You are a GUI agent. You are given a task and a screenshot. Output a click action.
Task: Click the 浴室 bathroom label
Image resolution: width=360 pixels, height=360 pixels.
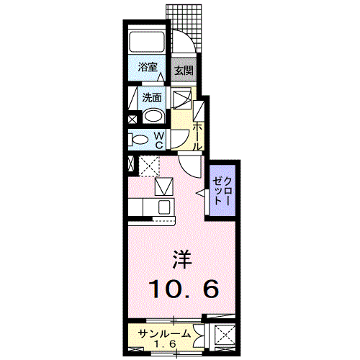(x=148, y=68)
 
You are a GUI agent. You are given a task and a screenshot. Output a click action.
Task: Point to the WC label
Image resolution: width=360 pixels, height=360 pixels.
(x=160, y=140)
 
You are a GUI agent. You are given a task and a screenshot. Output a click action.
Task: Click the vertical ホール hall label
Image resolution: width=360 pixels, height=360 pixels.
(x=197, y=134)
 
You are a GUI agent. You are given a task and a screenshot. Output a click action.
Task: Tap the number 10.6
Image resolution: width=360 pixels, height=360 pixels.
(x=183, y=289)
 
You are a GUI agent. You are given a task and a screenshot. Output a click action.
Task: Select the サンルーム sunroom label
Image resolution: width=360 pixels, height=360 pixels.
(x=165, y=333)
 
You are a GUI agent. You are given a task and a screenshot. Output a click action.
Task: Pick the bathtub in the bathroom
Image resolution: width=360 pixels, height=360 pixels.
(x=148, y=42)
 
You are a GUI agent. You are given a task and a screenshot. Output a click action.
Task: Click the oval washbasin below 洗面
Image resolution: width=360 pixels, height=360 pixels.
(x=153, y=116)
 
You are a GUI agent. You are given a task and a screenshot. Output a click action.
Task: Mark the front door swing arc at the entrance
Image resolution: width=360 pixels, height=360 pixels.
(x=184, y=40)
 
